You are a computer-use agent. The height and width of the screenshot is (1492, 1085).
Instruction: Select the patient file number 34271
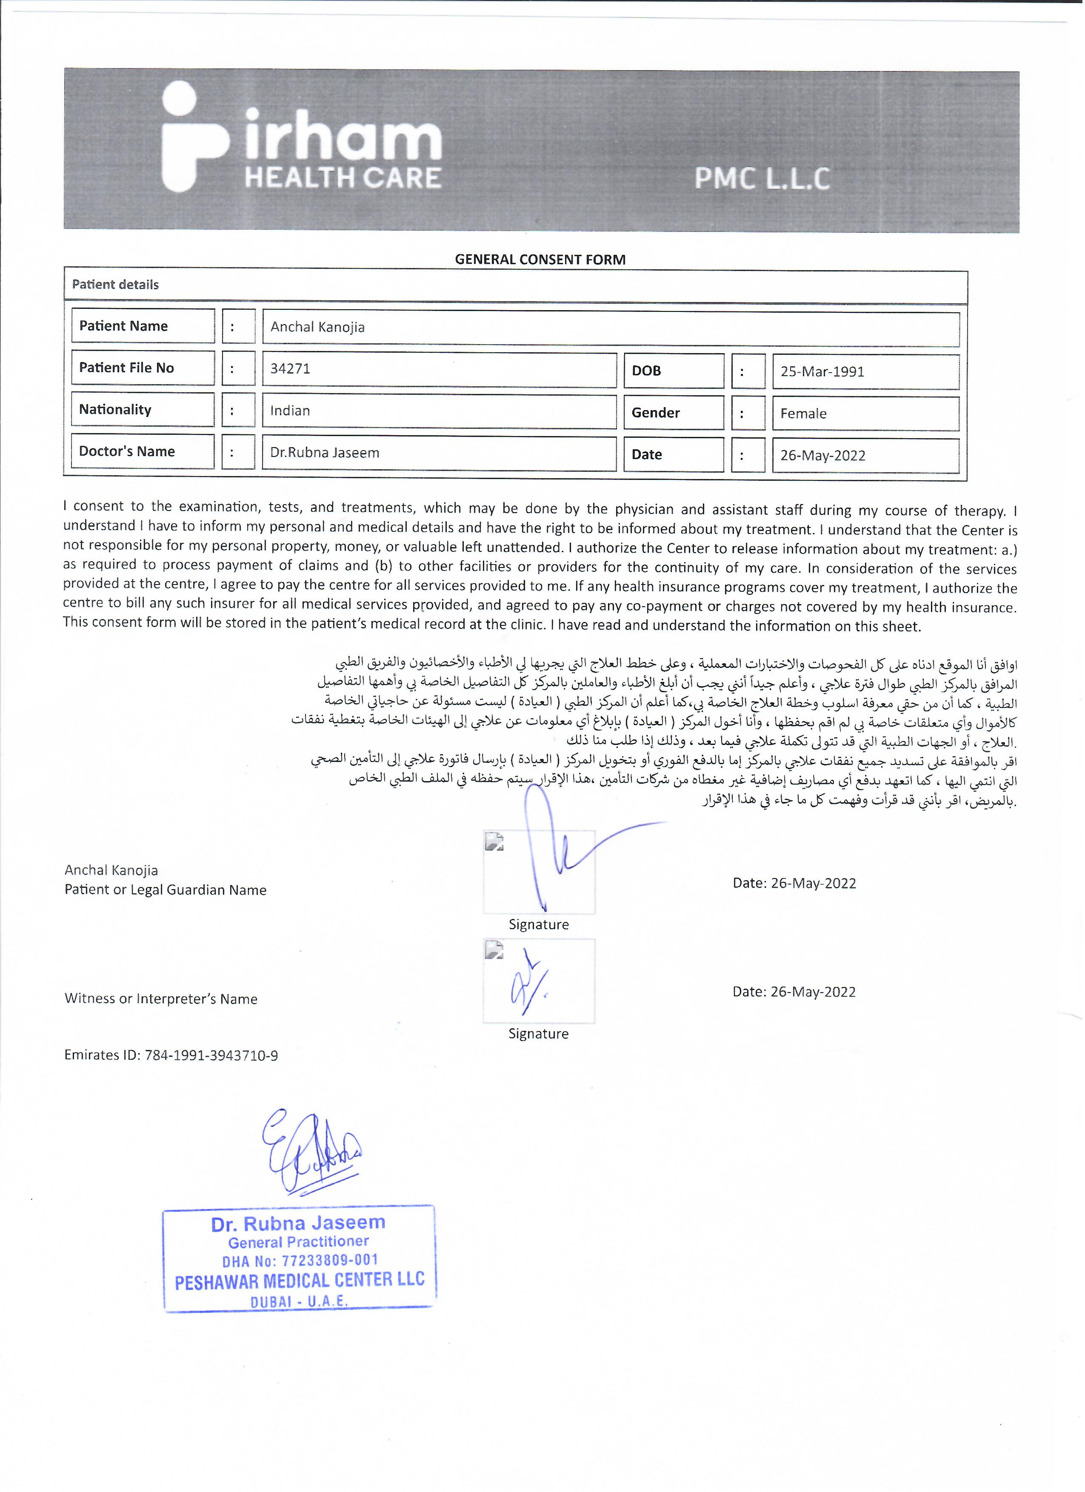pos(290,368)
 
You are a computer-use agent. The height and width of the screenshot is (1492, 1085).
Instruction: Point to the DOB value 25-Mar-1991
pos(822,372)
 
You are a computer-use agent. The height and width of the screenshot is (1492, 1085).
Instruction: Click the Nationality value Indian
pos(290,411)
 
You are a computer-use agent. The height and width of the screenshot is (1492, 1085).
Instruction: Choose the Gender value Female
pos(803,414)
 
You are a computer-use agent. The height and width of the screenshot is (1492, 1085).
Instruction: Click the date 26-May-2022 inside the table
pos(822,455)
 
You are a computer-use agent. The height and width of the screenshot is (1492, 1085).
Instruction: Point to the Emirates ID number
pos(211,1055)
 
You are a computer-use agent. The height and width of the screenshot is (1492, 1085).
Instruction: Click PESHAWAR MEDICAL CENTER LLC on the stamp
pos(300,1280)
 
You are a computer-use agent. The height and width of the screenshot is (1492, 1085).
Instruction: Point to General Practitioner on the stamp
pos(298,1242)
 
